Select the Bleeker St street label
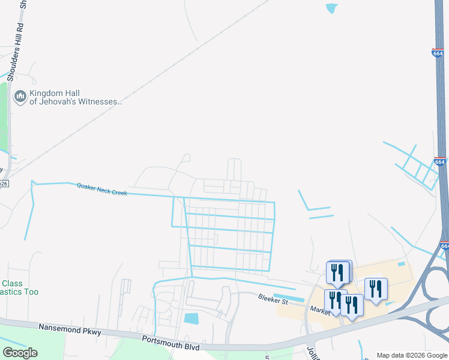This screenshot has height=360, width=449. click(273, 298)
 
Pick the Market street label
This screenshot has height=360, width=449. click(318, 309)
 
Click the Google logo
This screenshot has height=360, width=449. click(20, 353)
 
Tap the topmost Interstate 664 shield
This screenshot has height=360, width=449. click(438, 53)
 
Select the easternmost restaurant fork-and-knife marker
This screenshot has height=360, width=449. click(375, 289)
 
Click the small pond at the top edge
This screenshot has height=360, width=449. click(331, 8)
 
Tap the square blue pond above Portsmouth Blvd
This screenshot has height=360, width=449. click(192, 319)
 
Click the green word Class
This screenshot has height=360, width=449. click(12, 283)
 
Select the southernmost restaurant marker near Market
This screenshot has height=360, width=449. click(352, 305)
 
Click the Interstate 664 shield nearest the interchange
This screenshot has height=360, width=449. click(444, 245)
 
